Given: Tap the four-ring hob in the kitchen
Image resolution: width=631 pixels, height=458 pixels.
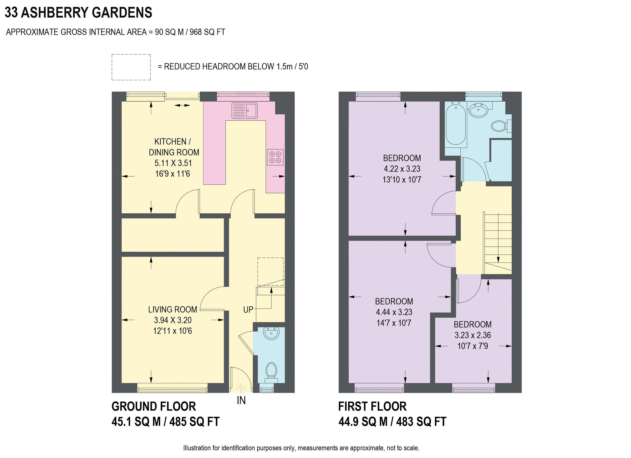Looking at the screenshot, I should tap(275, 157).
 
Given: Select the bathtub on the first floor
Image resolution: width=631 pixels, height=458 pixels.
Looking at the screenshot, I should tap(456, 126).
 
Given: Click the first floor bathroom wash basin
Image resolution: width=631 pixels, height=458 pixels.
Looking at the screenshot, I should tap(478, 110).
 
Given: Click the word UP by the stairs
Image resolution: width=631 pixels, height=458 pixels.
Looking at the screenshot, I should tap(248, 310).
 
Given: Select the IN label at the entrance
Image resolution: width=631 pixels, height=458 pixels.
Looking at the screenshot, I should tap(241, 400).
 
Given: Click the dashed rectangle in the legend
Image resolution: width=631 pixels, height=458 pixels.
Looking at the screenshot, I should tap(131, 67).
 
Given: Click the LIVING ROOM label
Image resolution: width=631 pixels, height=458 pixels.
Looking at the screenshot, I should tap(172, 310).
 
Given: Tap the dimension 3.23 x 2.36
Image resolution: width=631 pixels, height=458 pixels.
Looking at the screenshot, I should tap(472, 335).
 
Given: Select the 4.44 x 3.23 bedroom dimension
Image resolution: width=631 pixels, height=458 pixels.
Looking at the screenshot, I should tap(394, 312).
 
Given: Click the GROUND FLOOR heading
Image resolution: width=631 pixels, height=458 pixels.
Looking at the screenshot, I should tap(154, 406).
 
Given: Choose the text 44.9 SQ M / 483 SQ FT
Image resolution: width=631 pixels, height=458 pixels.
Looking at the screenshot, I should tap(392, 422).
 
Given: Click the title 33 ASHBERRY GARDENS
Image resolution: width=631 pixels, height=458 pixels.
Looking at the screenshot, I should tap(78, 13).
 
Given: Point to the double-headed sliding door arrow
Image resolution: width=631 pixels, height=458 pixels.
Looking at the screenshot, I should tap(182, 105).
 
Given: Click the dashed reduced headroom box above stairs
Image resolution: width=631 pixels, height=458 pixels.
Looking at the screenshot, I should tap(270, 271).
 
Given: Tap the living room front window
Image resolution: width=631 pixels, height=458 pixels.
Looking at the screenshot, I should tap(172, 388).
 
